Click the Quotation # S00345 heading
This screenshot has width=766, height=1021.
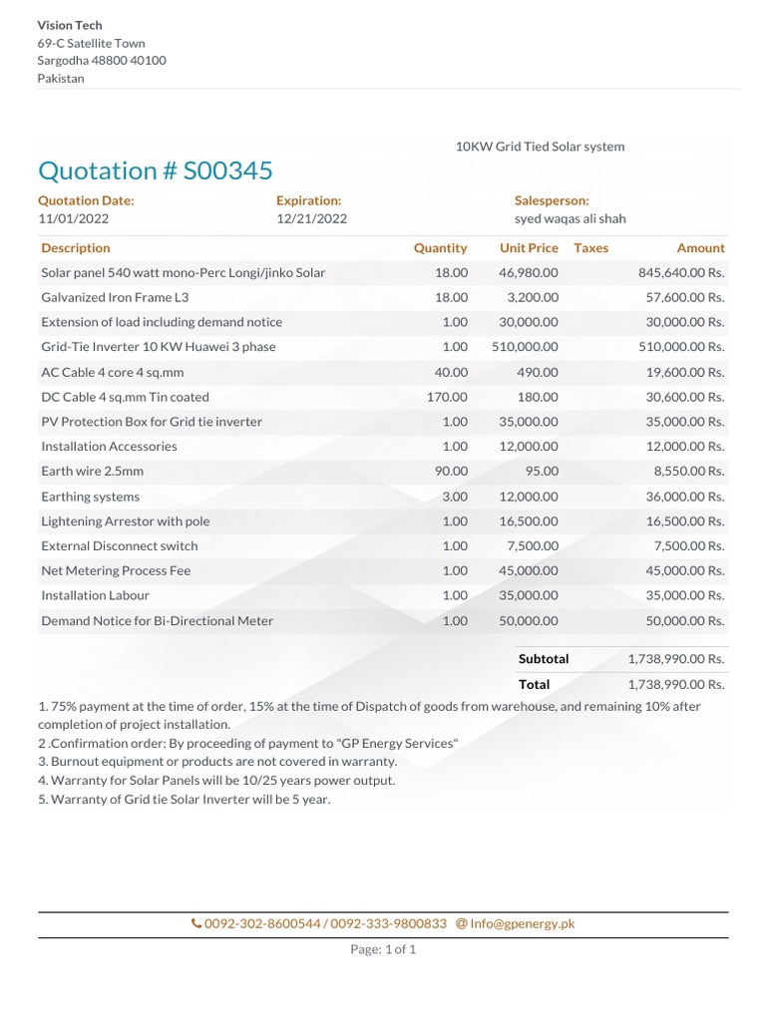155,170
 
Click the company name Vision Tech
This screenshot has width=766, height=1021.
70,25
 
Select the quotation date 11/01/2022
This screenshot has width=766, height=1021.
74,218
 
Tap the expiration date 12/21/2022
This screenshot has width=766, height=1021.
311,218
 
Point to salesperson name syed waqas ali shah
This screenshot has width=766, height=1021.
570,218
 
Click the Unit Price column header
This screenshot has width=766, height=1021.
529,247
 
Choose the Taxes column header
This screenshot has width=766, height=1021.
590,247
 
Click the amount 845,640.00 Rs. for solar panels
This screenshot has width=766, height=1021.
680,272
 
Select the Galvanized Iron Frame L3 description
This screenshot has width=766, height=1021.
115,297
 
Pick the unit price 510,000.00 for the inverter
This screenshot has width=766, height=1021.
525,347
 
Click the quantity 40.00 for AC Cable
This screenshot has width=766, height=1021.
450,372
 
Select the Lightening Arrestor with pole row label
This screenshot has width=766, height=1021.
125,521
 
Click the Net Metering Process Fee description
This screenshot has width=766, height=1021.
116,570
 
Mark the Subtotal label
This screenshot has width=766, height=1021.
544,659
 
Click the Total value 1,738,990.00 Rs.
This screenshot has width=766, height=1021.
675,684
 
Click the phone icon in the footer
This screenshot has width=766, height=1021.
196,924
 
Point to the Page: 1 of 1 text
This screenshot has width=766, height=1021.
383,949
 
